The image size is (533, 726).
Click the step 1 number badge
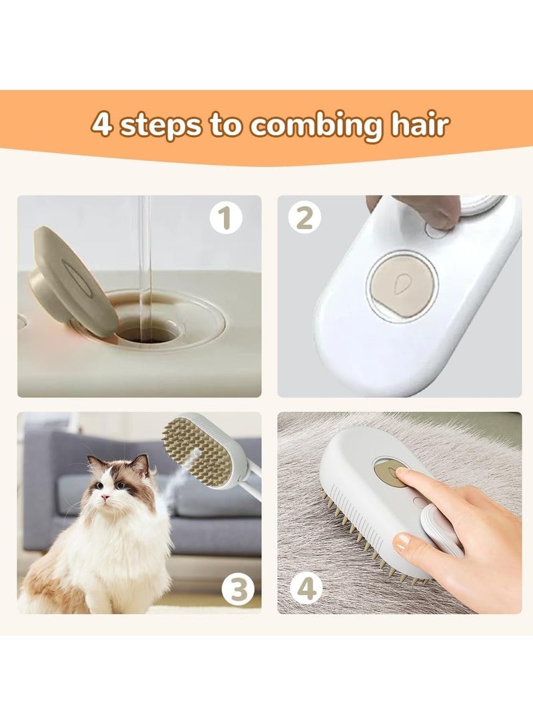point(225,218)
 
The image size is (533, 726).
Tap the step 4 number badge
point(305,588)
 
